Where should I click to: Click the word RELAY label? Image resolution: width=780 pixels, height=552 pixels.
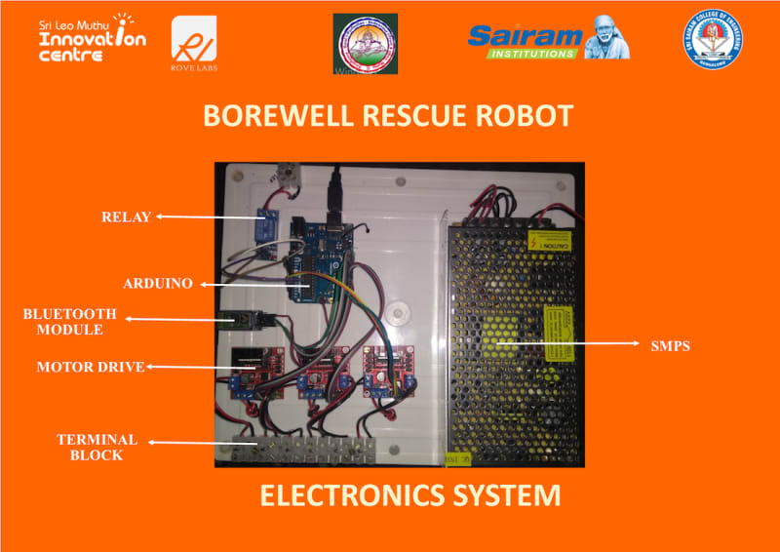126,217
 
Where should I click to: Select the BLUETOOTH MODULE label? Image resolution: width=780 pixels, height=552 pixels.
70,322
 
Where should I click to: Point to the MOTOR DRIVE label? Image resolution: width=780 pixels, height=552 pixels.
90,368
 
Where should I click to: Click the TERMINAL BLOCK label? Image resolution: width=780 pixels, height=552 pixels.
97,448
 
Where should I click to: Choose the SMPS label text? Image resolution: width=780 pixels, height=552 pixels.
670,345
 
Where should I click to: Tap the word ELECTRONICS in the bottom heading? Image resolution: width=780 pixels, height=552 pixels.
346,495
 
